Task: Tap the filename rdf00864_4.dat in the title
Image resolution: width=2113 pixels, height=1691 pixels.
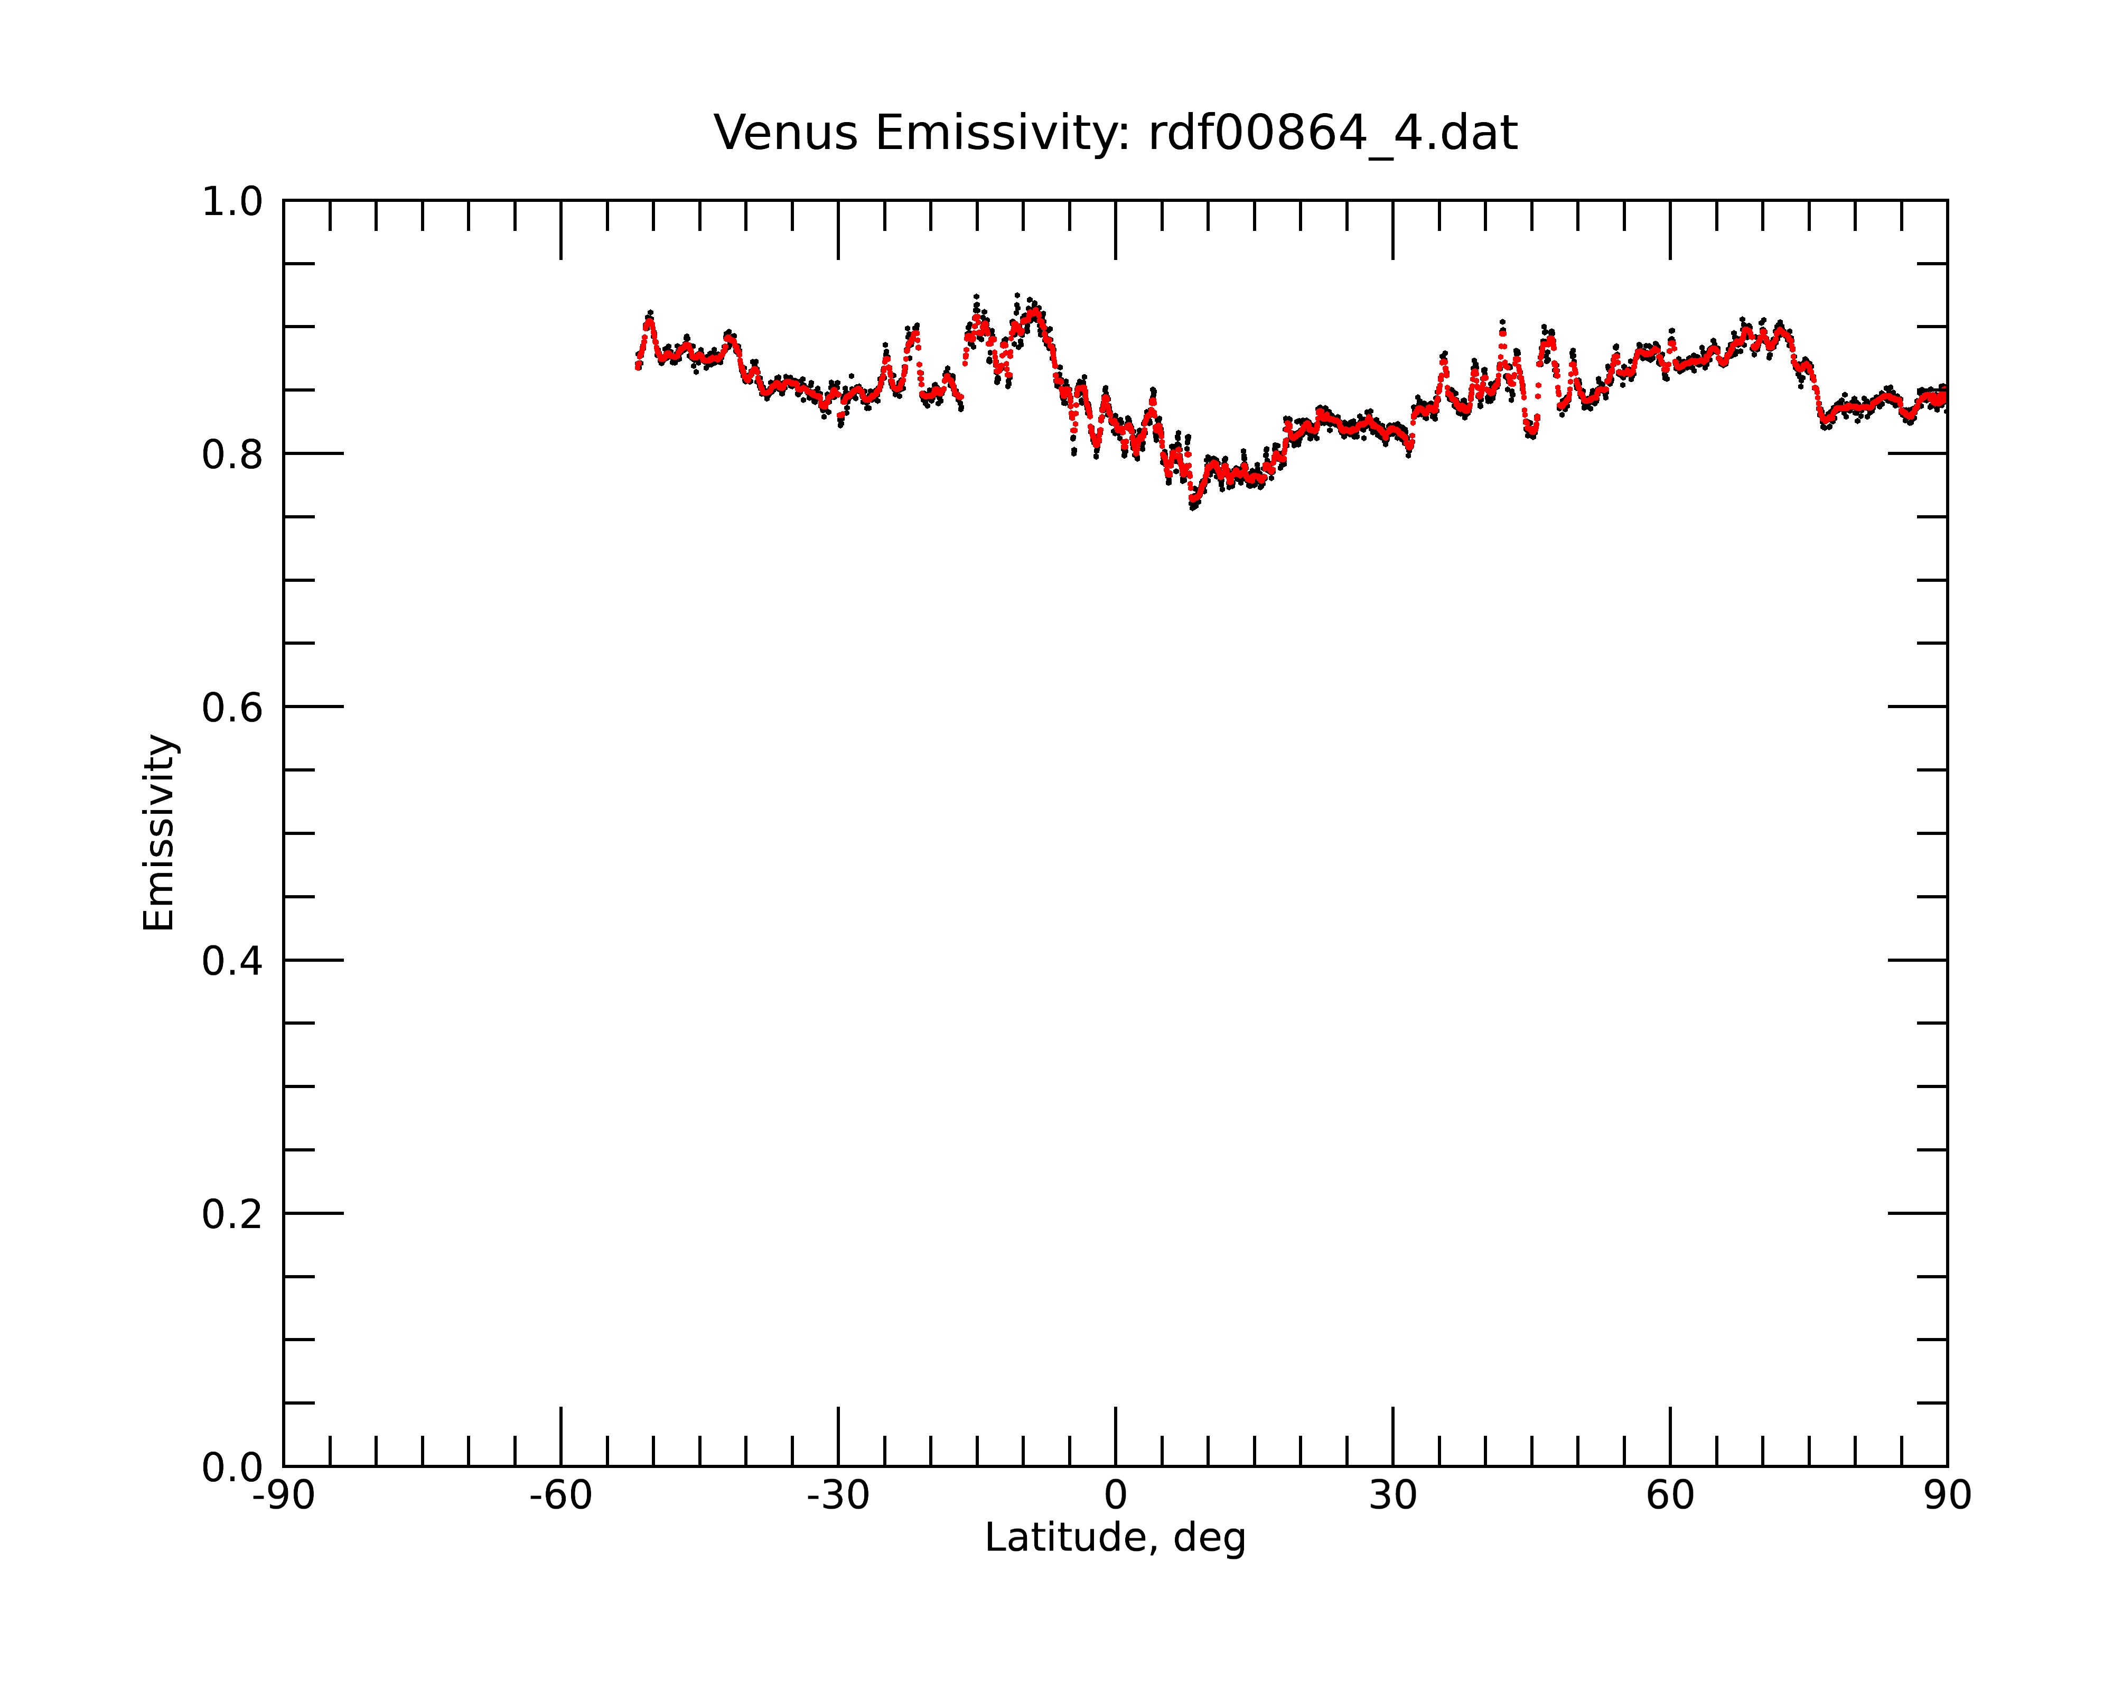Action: coord(1333,134)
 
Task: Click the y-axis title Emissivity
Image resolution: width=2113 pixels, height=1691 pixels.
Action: coord(159,832)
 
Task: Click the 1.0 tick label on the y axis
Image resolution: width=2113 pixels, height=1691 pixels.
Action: coord(232,203)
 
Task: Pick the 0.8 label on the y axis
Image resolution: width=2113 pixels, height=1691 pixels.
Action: coord(232,455)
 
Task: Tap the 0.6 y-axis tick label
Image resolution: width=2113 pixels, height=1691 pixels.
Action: coord(232,708)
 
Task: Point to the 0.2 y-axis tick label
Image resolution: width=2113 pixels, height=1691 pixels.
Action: coord(232,1214)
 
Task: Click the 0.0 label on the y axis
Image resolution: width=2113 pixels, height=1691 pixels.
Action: coord(232,1467)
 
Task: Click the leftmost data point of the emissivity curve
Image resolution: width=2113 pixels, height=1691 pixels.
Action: coord(637,367)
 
